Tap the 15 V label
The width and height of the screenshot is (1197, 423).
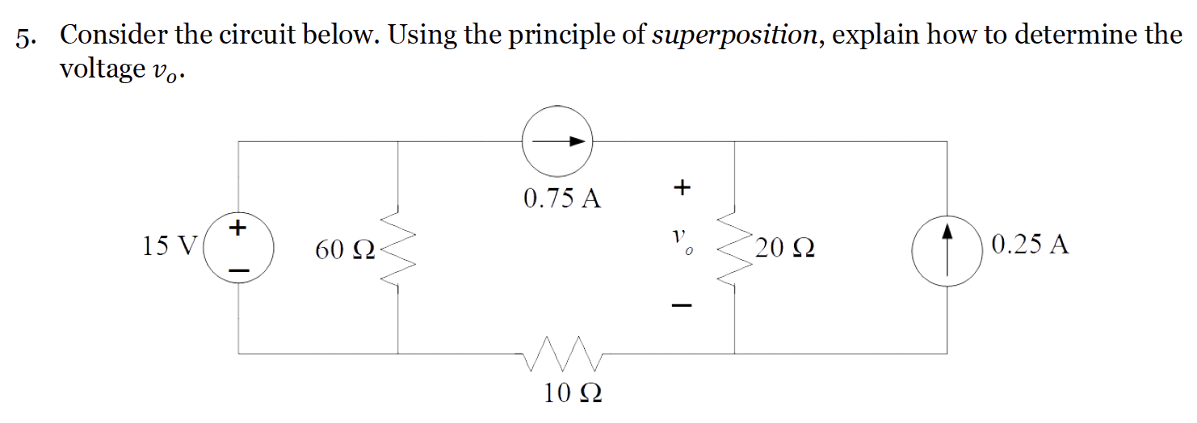[169, 245]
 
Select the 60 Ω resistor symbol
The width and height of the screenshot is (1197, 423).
[397, 246]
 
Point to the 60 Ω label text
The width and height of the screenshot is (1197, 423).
[344, 251]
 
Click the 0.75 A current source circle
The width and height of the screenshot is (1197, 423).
[556, 141]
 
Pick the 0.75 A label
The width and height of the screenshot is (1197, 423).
[562, 199]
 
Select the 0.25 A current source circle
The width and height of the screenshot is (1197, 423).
[946, 245]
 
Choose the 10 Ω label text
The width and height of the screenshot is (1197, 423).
[573, 394]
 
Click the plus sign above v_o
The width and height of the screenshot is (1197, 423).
[682, 188]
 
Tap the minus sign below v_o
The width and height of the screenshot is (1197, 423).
[682, 306]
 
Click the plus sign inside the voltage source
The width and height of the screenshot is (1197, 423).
[237, 227]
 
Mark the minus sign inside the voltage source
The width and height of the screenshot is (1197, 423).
[237, 269]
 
